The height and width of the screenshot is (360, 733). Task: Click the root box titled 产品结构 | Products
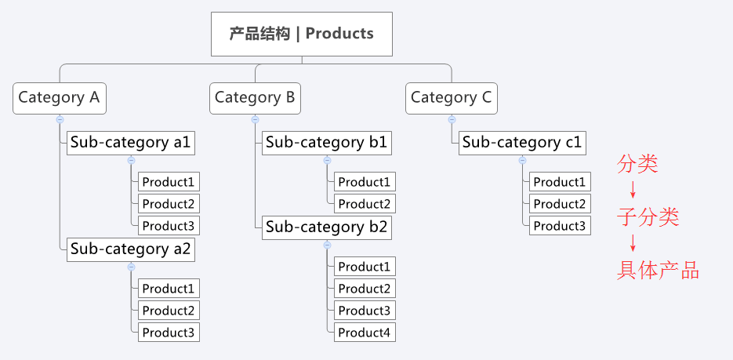pos(302,35)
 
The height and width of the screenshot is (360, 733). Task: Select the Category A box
pos(60,98)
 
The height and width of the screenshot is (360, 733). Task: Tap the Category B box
pos(255,98)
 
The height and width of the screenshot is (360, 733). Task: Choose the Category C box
pos(452,98)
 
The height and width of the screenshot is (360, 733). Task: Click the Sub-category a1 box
pos(131,143)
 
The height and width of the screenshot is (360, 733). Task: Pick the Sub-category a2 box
pos(131,249)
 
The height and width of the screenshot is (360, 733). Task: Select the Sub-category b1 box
pos(327,143)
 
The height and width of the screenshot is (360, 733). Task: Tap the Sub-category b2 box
pos(327,227)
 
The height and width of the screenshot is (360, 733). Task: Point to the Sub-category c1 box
pos(522,143)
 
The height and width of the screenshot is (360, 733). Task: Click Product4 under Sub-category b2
pos(365,332)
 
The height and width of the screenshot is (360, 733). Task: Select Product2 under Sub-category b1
pos(365,203)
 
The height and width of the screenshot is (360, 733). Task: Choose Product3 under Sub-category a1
pos(169,225)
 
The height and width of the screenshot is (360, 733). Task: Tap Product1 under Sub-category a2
pos(169,288)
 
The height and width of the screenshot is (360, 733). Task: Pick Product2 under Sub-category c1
pos(560,203)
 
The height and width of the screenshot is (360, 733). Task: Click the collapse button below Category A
pos(60,120)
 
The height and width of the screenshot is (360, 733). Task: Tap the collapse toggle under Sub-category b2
pos(327,245)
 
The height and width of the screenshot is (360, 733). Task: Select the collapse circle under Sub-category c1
pos(523,160)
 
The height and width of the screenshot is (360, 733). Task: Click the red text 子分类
pos(648,217)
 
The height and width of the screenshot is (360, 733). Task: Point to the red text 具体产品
pos(658,271)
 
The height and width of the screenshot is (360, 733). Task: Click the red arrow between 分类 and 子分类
pos(633,189)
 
